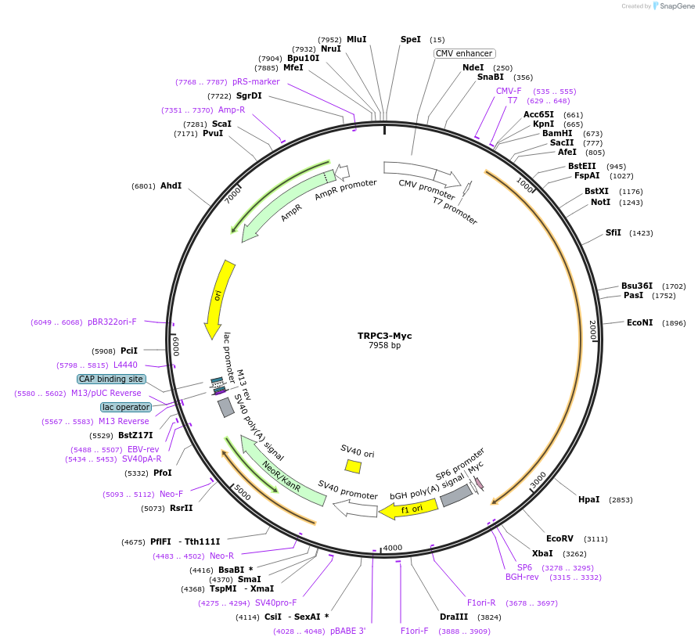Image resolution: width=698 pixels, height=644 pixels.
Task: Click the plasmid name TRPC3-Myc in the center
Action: click(x=384, y=336)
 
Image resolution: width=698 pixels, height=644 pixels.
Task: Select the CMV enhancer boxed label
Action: click(x=465, y=54)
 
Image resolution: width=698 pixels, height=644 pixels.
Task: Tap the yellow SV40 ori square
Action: click(x=353, y=466)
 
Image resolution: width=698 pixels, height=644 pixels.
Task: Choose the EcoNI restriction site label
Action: click(x=639, y=323)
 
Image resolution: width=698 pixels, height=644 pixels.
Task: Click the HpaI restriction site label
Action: click(x=588, y=500)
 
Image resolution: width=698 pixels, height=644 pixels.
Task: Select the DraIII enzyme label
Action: click(x=454, y=617)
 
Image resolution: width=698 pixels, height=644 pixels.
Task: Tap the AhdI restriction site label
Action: click(x=171, y=186)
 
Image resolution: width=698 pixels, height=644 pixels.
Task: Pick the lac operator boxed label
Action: click(x=125, y=407)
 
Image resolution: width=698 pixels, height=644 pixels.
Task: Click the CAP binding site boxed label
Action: click(x=111, y=379)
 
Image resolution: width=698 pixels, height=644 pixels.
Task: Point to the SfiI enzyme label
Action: click(x=613, y=232)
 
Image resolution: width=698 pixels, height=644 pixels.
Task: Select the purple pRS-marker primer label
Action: click(x=255, y=81)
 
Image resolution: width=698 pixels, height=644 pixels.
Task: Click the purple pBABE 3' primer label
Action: click(x=347, y=631)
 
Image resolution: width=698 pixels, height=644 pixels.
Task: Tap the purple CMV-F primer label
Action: click(x=509, y=91)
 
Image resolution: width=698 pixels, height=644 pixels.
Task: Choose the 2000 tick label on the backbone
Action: click(x=592, y=330)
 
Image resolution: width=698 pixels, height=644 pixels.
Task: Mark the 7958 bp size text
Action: click(x=384, y=346)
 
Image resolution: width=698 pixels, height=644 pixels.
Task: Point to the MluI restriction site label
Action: click(x=356, y=39)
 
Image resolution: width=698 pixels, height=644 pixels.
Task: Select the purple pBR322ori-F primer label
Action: click(x=112, y=322)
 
